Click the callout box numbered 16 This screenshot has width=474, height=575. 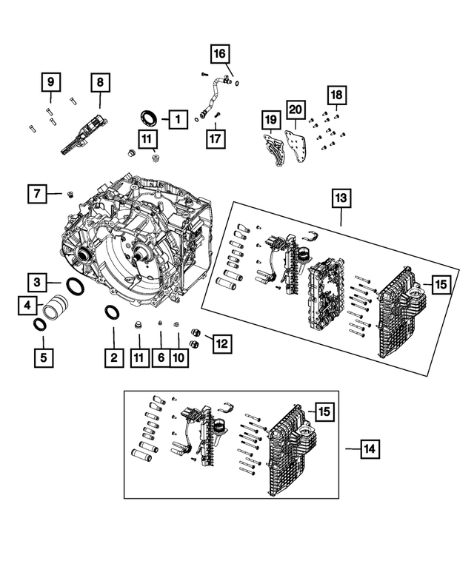pos(219,54)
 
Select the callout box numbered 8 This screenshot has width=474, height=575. pos(101,82)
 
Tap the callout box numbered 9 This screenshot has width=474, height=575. pos(50,82)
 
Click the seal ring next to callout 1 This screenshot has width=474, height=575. pos(149,118)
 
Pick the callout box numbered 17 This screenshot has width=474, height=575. pos(216,138)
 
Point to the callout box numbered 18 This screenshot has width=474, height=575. pos(337,95)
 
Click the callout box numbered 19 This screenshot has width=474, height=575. pos(271,120)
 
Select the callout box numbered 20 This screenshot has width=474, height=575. pos(296,110)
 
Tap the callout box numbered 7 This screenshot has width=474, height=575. pos(37,194)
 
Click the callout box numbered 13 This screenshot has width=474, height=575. pos(341,198)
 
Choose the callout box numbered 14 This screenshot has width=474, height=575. pos(370,449)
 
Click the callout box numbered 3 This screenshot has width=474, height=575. pos(37,283)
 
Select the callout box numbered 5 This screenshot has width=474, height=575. pos(44,357)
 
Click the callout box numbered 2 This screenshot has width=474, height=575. pos(114,357)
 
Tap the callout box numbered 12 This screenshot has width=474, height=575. pos(222,344)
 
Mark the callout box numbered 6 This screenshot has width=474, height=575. pos(161,357)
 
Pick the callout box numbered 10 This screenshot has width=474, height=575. pos(179,357)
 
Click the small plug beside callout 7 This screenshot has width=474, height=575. pos(69,195)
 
